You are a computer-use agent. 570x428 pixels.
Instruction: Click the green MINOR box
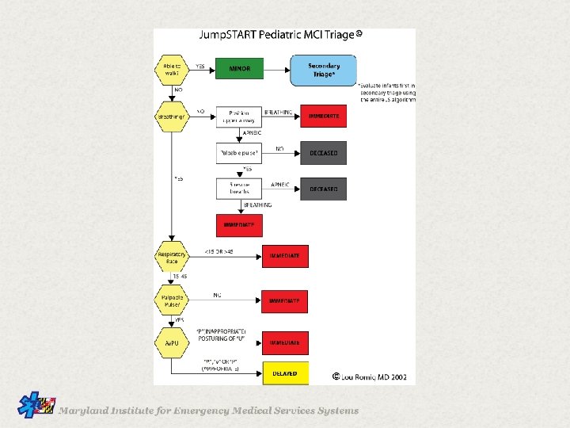click(239, 69)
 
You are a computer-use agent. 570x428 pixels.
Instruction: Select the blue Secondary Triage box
click(323, 69)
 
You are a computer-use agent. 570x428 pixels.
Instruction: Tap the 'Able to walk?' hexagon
click(172, 69)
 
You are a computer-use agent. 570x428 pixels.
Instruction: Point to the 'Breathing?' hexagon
click(172, 117)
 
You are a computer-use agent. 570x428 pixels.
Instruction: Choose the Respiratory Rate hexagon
click(172, 257)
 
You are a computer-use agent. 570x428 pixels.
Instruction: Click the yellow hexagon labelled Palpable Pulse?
click(172, 301)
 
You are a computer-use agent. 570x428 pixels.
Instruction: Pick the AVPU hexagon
click(172, 343)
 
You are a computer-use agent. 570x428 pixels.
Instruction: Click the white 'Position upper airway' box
click(239, 117)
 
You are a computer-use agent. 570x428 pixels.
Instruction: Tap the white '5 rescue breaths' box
click(239, 189)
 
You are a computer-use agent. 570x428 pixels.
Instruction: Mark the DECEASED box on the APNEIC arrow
click(323, 189)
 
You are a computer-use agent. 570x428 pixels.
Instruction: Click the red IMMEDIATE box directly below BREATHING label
click(239, 225)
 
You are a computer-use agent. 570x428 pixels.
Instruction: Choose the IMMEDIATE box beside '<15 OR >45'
click(285, 257)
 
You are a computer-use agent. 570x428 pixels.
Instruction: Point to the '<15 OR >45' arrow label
click(219, 251)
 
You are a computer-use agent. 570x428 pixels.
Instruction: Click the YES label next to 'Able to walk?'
click(200, 66)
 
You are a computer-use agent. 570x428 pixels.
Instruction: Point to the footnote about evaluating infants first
click(386, 93)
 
